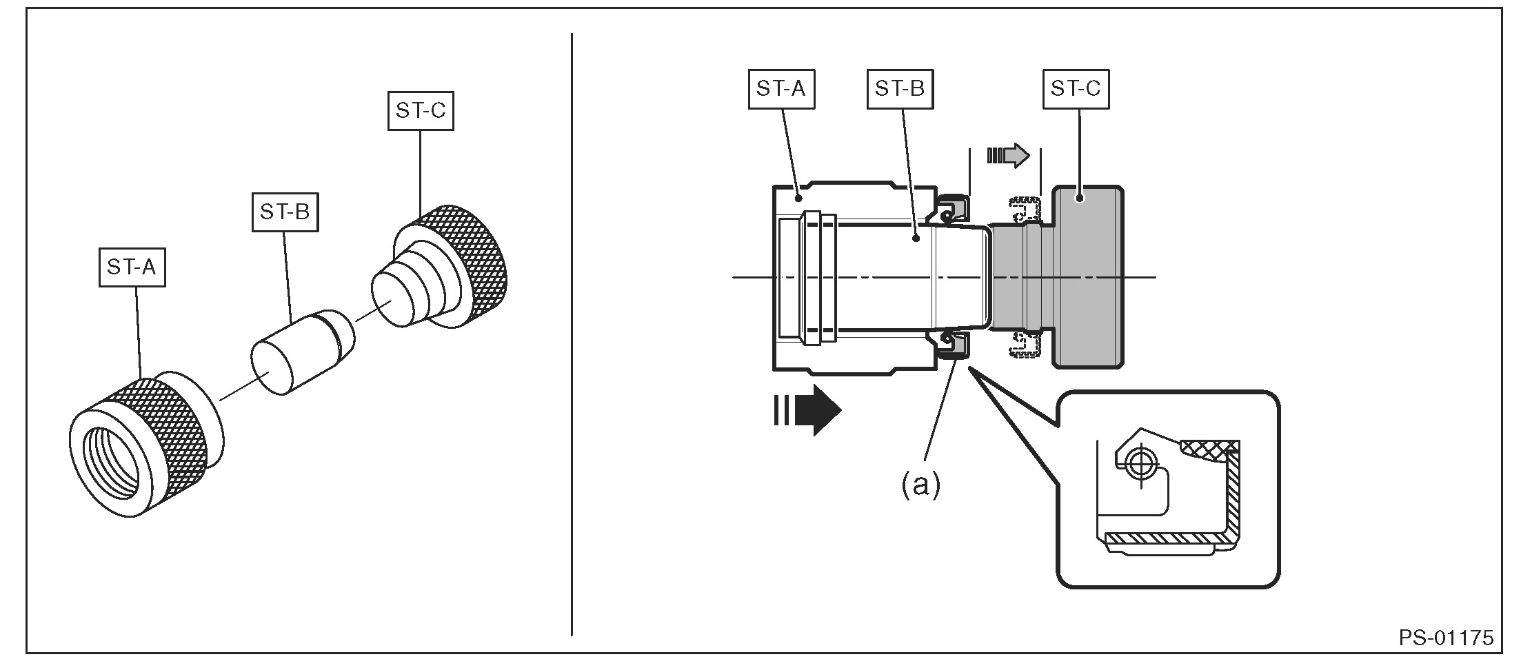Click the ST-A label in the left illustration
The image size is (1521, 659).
[132, 267]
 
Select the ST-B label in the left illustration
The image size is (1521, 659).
[285, 212]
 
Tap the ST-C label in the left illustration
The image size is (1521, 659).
[421, 110]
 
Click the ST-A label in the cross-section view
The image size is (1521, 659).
[781, 89]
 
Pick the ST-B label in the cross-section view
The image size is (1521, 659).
[900, 89]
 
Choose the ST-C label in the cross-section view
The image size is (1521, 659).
[1076, 89]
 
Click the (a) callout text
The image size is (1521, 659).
[921, 485]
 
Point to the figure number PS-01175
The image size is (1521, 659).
[1446, 638]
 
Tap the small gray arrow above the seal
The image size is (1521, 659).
[1008, 155]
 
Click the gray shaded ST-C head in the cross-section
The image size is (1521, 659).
[1088, 276]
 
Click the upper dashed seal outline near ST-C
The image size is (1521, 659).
[1025, 210]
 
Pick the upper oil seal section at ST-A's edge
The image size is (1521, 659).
[951, 208]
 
